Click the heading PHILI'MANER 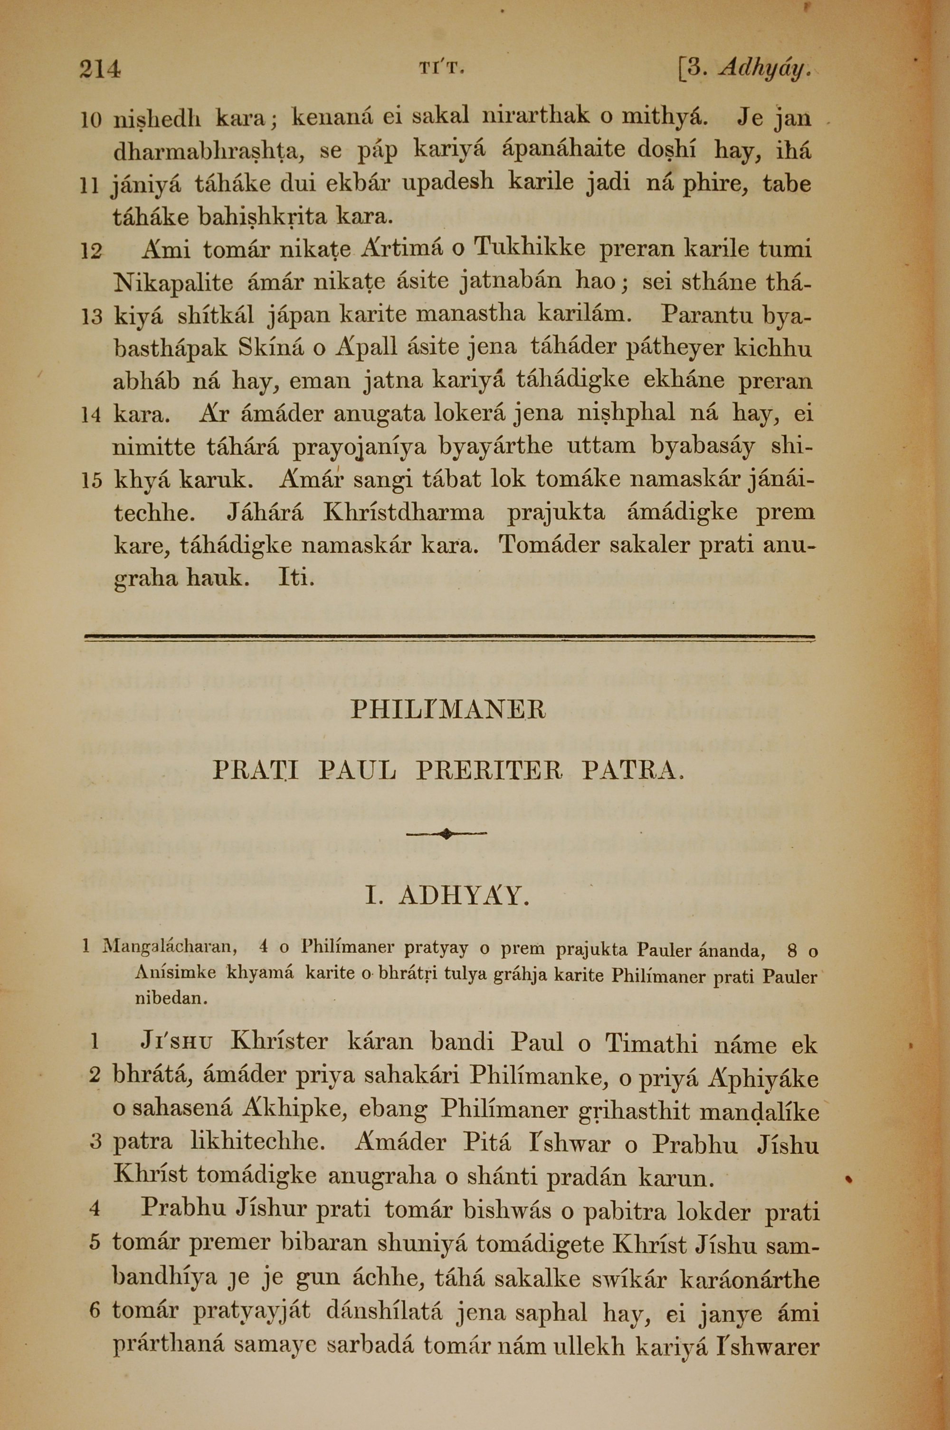click(448, 709)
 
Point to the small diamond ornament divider click(446, 834)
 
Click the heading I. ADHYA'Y click(448, 897)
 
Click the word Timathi click(651, 1043)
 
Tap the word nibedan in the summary click(171, 998)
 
